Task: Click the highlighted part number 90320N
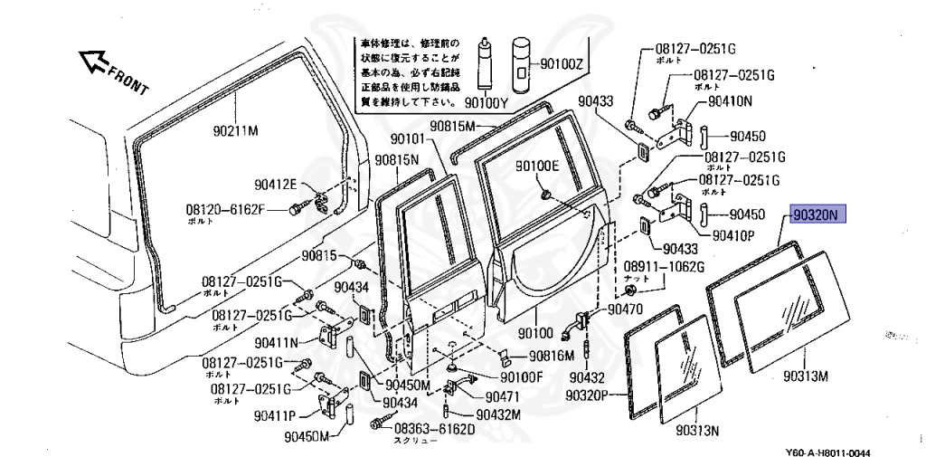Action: coord(817,215)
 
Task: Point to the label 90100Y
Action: coord(487,102)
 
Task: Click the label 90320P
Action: coord(592,395)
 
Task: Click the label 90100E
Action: coord(538,167)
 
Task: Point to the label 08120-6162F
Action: coord(226,209)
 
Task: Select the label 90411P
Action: coord(276,417)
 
